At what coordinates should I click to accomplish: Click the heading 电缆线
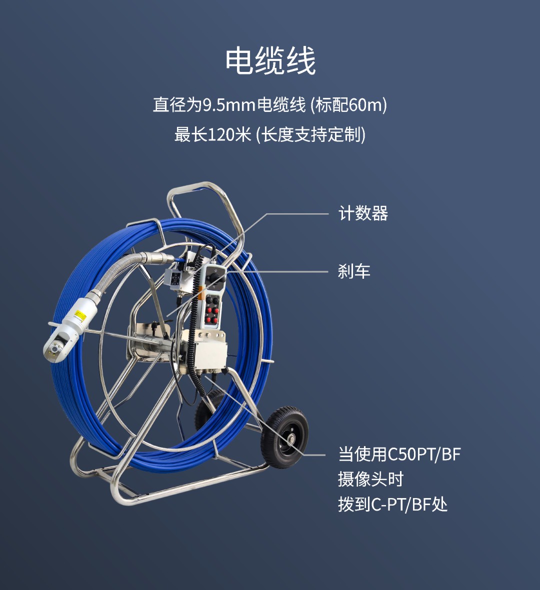pyautogui.click(x=270, y=60)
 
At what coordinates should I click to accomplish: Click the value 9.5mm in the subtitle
pyautogui.click(x=229, y=105)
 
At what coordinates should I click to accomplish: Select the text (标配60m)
pyautogui.click(x=348, y=105)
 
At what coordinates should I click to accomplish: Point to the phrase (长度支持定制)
pyautogui.click(x=310, y=135)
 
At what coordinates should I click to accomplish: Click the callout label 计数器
pyautogui.click(x=363, y=213)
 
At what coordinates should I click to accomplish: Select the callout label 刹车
pyautogui.click(x=354, y=271)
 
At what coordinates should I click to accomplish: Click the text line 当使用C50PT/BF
pyautogui.click(x=399, y=454)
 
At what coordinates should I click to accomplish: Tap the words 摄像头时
pyautogui.click(x=370, y=480)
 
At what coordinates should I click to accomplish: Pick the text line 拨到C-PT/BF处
pyautogui.click(x=393, y=505)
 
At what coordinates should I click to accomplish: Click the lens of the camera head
pyautogui.click(x=55, y=349)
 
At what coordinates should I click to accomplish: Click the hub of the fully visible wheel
pyautogui.click(x=290, y=438)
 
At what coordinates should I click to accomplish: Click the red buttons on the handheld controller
pyautogui.click(x=211, y=315)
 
